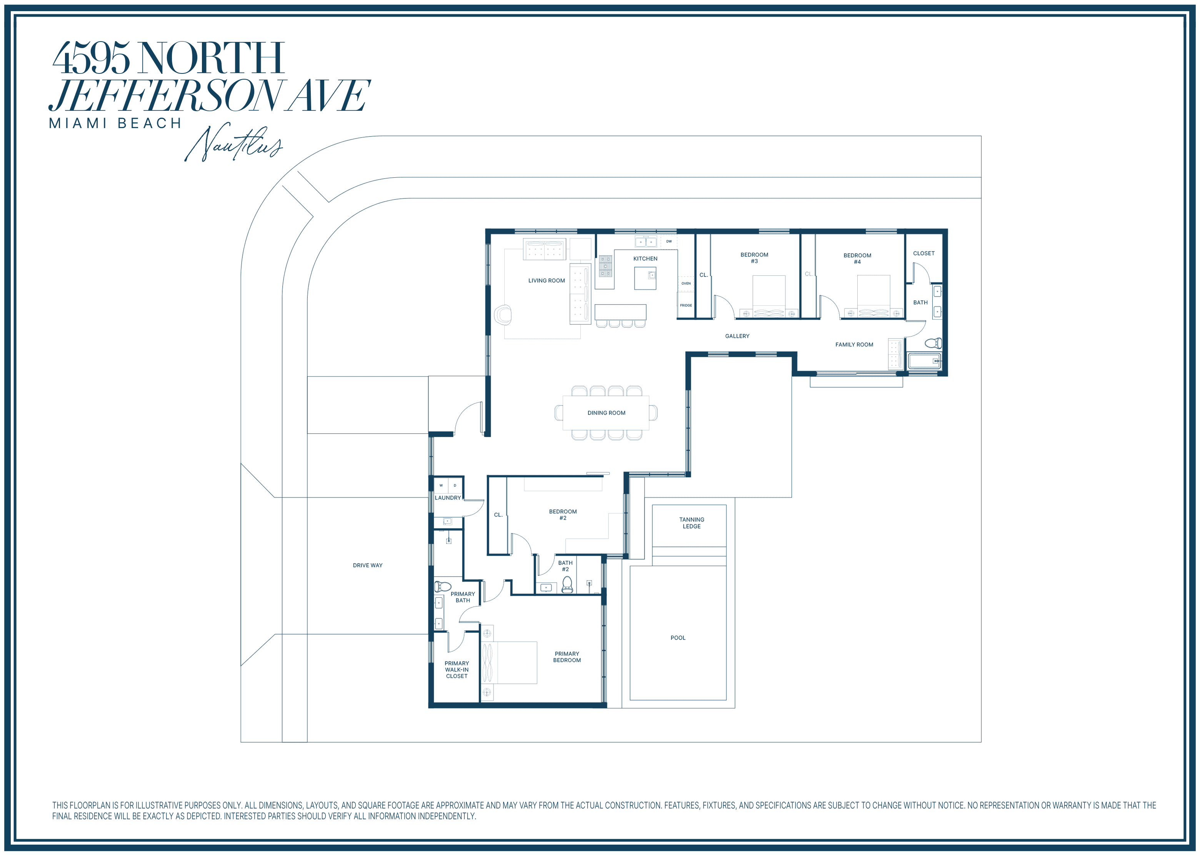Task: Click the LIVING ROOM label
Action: point(546,281)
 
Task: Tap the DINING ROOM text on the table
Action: point(606,413)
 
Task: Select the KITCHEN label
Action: point(645,258)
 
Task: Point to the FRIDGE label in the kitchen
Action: point(686,305)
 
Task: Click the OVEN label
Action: point(686,283)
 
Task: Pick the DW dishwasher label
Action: point(669,242)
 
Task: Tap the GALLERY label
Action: point(737,336)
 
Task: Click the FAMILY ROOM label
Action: point(854,344)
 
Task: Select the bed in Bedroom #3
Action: point(769,297)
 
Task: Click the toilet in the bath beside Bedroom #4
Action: point(933,343)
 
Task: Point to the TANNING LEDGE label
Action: point(692,523)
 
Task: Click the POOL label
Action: point(678,638)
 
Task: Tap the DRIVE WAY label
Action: point(367,565)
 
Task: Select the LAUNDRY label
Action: point(448,498)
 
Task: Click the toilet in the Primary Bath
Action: point(443,586)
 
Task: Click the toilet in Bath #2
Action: point(567,584)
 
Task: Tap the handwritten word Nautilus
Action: point(234,143)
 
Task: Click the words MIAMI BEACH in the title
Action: point(115,123)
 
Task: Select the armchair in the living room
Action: point(503,315)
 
